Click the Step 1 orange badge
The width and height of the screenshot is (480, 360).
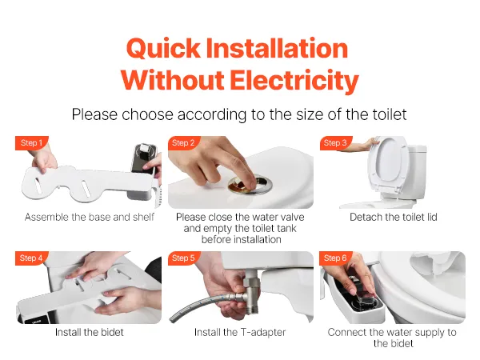tap(31, 143)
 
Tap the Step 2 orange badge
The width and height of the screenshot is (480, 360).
tap(183, 143)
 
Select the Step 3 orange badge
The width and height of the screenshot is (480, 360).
tap(335, 143)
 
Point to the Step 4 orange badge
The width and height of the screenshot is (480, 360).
tap(31, 258)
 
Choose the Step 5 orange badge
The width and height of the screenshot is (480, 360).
tap(183, 258)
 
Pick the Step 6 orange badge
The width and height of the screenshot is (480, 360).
tap(335, 258)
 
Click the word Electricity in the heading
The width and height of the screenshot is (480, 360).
tap(294, 81)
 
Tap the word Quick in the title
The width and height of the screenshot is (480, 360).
tap(163, 48)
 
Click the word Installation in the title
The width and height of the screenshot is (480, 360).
tap(277, 48)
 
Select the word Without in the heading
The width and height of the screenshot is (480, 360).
tap(172, 80)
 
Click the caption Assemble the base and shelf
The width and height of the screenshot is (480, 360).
tap(89, 217)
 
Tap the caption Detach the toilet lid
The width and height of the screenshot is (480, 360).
tap(394, 217)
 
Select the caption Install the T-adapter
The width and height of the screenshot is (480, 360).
tap(240, 333)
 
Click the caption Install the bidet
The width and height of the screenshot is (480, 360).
tap(89, 333)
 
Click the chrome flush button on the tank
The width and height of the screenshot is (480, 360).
tap(250, 185)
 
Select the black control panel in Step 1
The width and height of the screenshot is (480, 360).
tap(144, 159)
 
